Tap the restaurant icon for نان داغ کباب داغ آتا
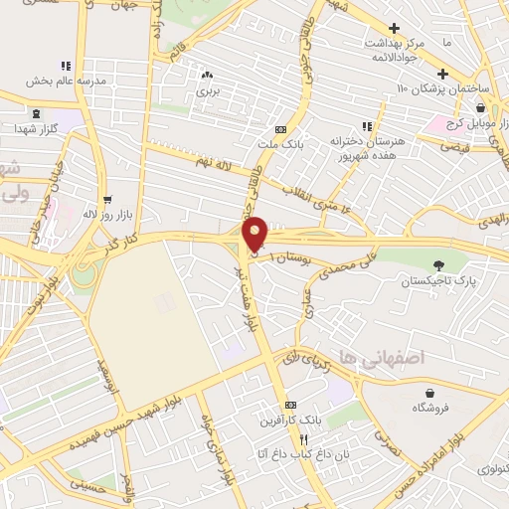pyautogui.click(x=305, y=438)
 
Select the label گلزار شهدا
pyautogui.click(x=37, y=130)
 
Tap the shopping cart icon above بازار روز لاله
pyautogui.click(x=106, y=198)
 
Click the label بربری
pyautogui.click(x=207, y=90)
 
